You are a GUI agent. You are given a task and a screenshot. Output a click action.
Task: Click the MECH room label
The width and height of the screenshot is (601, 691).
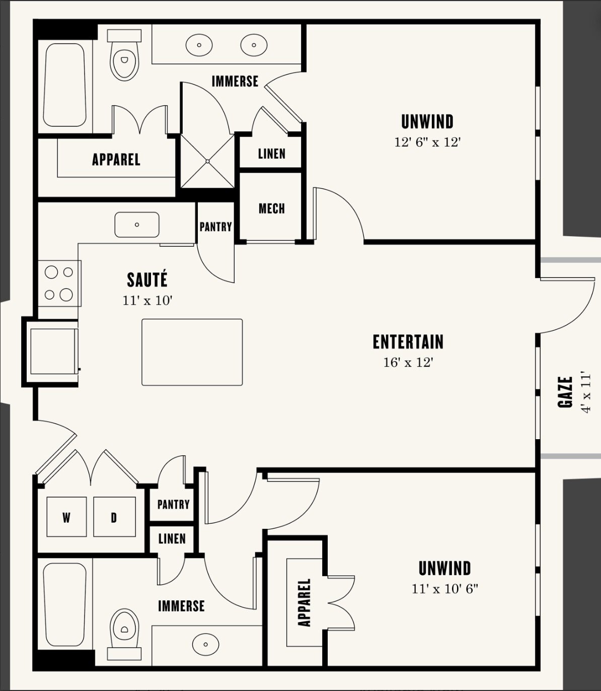pos(272,209)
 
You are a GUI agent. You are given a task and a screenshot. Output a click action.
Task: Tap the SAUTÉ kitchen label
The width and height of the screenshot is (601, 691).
pos(147,280)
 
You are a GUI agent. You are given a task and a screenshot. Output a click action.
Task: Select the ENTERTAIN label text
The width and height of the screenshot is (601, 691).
pos(408,342)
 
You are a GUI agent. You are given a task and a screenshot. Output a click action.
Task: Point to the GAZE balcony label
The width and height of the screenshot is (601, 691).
pos(565,392)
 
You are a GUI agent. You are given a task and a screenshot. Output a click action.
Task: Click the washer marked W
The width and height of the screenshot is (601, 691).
pos(66,517)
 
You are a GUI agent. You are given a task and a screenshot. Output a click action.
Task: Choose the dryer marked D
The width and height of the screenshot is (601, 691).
pos(114,517)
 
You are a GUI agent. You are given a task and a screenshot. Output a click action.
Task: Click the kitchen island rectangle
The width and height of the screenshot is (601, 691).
pos(192,352)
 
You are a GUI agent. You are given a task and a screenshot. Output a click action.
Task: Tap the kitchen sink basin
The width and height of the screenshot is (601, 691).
pos(137,225)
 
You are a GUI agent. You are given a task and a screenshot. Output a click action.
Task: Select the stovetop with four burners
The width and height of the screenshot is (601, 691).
pos(59,284)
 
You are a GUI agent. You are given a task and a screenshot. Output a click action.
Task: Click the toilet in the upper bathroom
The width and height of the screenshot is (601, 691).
pos(124,55)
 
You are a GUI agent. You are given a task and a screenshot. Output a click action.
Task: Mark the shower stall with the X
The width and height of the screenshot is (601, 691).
pos(207,161)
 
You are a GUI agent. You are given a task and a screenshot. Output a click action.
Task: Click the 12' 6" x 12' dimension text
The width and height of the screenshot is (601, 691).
pos(427,142)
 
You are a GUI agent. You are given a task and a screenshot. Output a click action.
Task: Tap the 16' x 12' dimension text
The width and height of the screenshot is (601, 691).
pos(408,363)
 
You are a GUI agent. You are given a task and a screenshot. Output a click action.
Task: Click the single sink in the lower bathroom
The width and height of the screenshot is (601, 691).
pos(205,644)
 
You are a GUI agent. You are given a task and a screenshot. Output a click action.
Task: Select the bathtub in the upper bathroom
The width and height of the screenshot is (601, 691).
pos(64,85)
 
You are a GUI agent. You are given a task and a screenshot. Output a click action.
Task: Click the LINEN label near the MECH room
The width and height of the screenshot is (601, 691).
pos(272,154)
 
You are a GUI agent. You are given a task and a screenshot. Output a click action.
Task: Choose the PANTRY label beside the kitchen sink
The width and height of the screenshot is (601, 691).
pos(215,226)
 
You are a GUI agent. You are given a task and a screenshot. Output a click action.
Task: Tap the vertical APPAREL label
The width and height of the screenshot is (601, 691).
pos(305,603)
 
